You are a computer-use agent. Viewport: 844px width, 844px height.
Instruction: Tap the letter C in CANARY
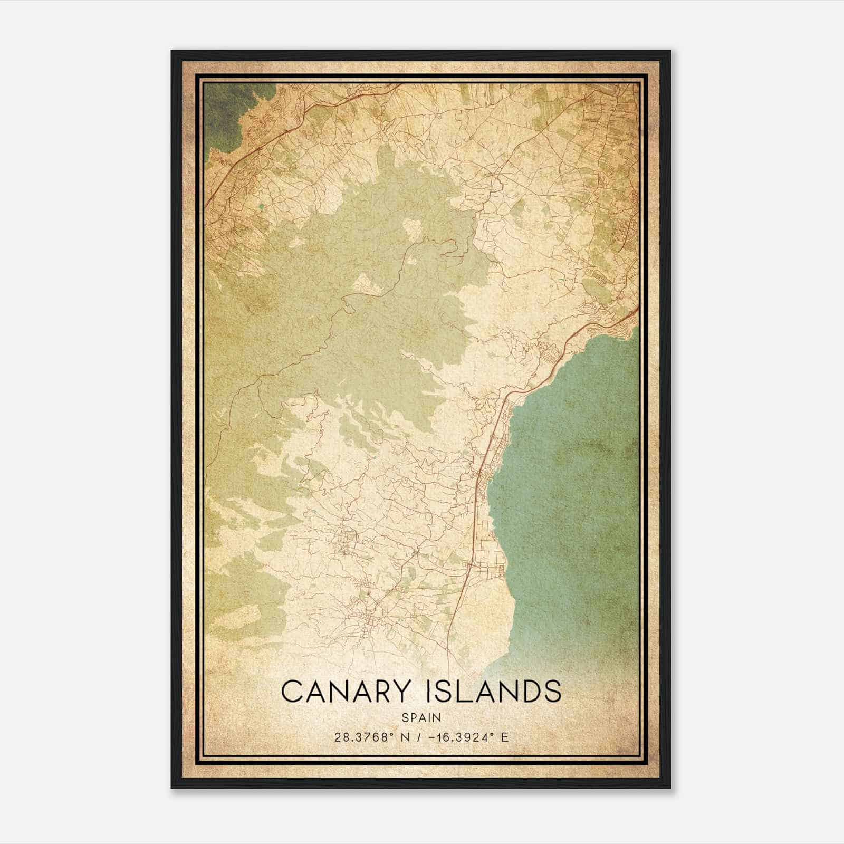292,692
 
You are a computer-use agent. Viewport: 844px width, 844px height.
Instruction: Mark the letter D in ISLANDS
529,692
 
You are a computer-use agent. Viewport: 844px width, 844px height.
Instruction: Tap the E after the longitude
505,737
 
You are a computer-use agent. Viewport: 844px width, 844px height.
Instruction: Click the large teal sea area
570,475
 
